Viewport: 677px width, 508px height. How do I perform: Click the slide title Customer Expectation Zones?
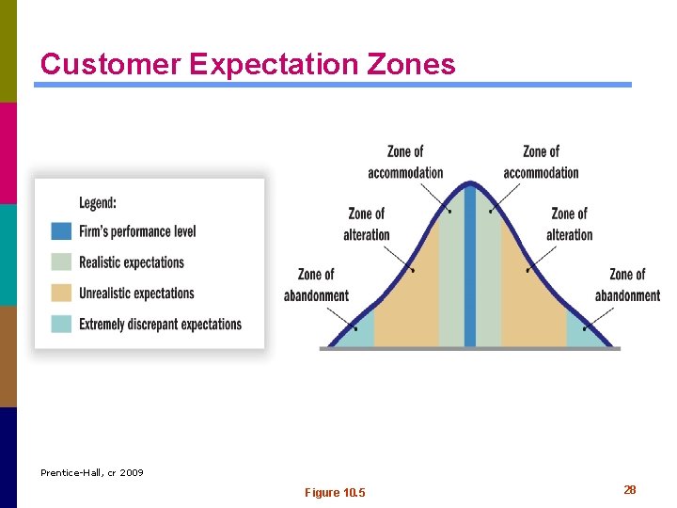(247, 64)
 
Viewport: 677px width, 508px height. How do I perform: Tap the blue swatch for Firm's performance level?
(61, 231)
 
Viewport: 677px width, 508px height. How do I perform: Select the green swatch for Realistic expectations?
(61, 262)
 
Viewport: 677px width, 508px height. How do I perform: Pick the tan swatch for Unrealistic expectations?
(61, 294)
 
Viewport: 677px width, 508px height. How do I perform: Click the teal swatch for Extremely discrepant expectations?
(61, 325)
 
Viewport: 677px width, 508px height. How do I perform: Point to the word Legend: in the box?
(98, 202)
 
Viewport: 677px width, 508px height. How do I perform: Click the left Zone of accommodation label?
(405, 162)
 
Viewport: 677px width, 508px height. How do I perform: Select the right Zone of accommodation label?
(541, 162)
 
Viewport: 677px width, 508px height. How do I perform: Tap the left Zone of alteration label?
(367, 224)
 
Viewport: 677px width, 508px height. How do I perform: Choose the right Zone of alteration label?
(569, 224)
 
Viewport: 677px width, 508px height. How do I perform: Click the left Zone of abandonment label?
(316, 285)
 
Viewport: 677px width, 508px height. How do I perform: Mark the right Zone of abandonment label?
(627, 285)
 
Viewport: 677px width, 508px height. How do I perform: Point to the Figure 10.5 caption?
(336, 493)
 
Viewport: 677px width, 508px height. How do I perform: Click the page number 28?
(630, 490)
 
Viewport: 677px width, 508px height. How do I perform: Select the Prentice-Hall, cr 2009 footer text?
(92, 472)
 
